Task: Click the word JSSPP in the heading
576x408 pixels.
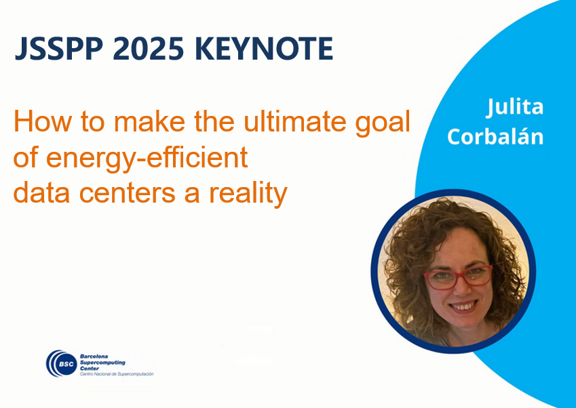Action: pos(59,48)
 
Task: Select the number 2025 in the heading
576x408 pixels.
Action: pos(148,48)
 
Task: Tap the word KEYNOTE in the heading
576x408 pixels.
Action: pos(264,48)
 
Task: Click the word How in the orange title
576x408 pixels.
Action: pos(42,121)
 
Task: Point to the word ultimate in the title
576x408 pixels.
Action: pos(294,121)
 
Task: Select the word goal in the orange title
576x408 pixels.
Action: pos(383,125)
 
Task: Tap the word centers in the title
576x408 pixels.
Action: pos(127,193)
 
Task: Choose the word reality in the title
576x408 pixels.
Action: pos(248,195)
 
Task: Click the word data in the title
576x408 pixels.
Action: pos(41,192)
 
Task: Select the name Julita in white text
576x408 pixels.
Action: pos(515,107)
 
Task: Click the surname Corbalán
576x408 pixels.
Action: pos(495,136)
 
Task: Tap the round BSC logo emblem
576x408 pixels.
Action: pos(62,363)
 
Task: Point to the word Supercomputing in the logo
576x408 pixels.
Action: pos(102,363)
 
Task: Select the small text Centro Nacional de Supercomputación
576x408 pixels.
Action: pos(117,374)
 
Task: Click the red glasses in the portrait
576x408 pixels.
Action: pos(459,277)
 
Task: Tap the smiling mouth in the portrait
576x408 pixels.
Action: pos(463,306)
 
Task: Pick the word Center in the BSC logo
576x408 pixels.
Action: pos(90,369)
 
